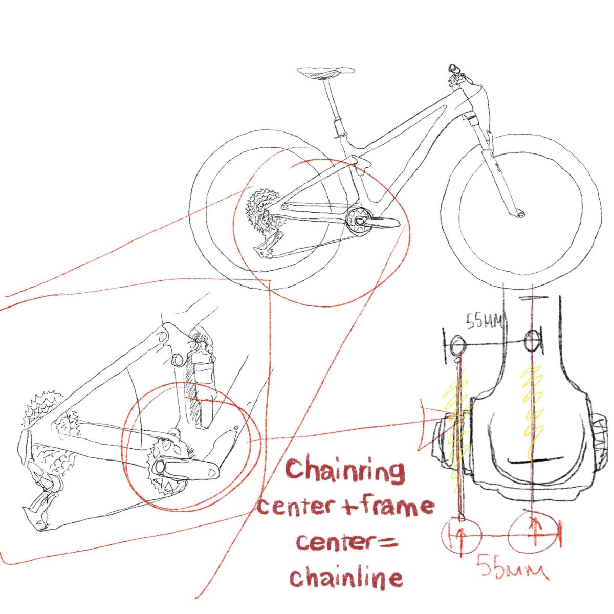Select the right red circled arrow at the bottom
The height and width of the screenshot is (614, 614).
533,535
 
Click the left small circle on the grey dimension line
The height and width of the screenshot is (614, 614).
457,344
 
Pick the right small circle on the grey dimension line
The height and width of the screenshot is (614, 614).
533,340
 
